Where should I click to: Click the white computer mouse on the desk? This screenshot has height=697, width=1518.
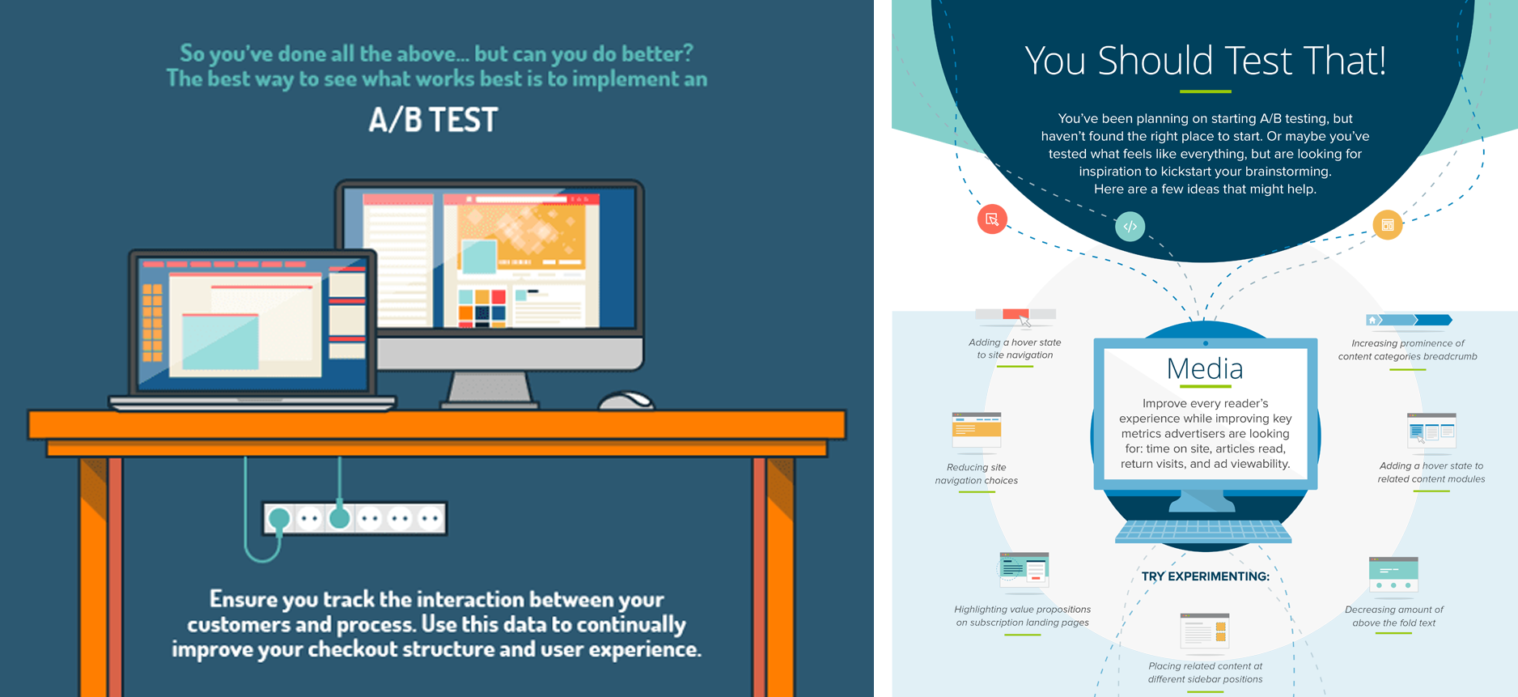(x=626, y=400)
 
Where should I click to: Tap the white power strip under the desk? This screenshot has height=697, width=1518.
(x=354, y=518)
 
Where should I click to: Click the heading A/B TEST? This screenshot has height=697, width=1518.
(x=433, y=120)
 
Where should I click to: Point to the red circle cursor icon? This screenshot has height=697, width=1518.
(x=992, y=219)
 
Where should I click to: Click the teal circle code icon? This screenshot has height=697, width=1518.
(x=1130, y=227)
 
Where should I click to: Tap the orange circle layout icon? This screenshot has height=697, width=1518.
(x=1388, y=225)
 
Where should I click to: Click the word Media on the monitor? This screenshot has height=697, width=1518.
(x=1205, y=369)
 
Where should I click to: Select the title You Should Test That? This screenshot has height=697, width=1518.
(x=1205, y=62)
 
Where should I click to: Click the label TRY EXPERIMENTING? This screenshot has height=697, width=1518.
(x=1205, y=576)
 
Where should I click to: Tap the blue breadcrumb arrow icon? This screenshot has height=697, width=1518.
(x=1409, y=321)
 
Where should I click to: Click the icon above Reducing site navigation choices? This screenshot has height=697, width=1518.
(x=977, y=430)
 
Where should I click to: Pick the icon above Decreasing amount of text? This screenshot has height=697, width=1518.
(x=1393, y=575)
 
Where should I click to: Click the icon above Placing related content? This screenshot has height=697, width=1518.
(x=1205, y=631)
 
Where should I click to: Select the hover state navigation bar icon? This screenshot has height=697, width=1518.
(x=1016, y=315)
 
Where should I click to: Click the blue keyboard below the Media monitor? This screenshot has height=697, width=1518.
(x=1203, y=531)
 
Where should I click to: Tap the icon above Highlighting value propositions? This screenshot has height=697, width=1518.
(x=1024, y=570)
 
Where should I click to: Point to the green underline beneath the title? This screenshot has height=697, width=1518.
(x=1205, y=91)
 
